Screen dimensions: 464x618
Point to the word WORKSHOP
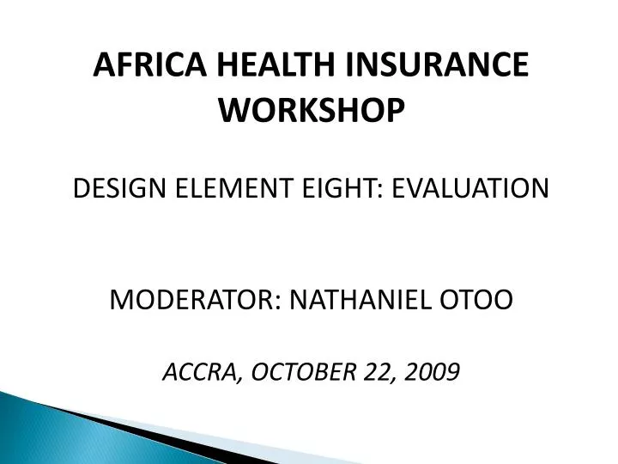coord(311,109)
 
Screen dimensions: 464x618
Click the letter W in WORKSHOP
coord(234,109)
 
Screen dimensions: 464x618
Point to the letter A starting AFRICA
coord(101,65)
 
